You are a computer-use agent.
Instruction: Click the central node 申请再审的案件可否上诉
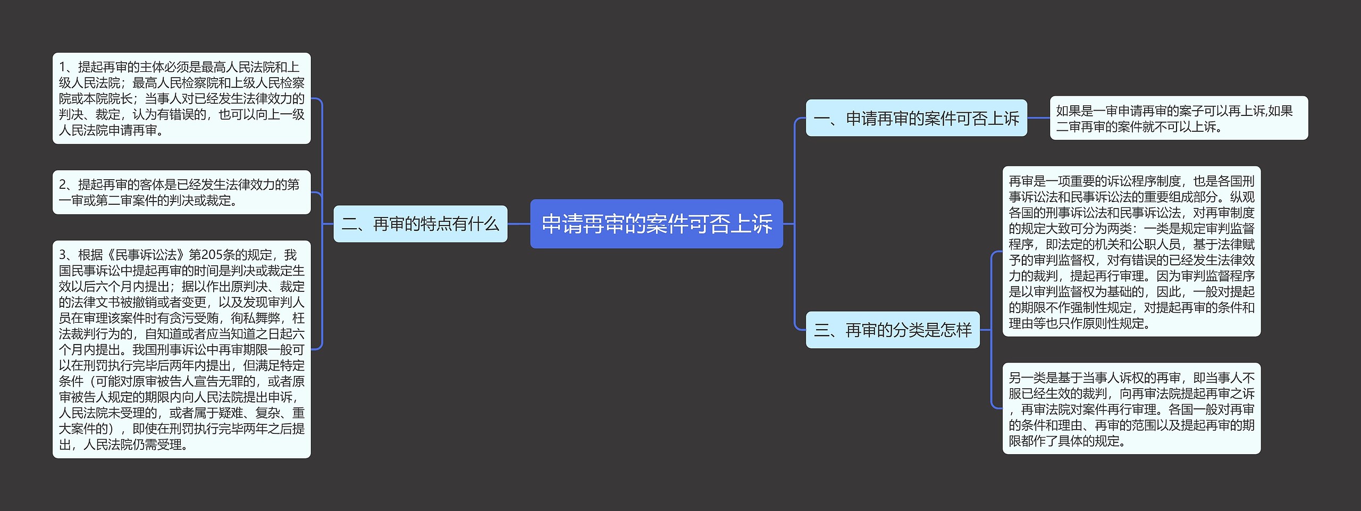tap(656, 224)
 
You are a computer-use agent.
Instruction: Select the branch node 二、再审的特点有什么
tap(420, 224)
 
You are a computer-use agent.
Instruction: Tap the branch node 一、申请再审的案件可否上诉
tap(916, 118)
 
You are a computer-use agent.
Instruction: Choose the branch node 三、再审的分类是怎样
tap(892, 330)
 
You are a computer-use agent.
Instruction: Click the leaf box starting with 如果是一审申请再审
tap(1178, 118)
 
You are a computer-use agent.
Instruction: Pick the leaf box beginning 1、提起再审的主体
tap(181, 98)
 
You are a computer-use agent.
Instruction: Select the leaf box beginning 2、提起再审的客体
tap(181, 192)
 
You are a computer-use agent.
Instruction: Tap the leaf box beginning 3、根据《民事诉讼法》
tap(181, 349)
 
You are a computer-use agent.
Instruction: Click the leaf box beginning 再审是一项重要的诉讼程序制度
tap(1131, 252)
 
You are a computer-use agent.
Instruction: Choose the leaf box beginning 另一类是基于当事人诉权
tap(1131, 408)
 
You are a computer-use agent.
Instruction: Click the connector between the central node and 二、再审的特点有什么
tap(519, 224)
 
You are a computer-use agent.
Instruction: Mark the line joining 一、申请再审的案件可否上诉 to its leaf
tap(1038, 118)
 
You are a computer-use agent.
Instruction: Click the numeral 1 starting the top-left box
tap(62, 67)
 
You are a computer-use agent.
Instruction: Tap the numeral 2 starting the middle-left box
tap(63, 185)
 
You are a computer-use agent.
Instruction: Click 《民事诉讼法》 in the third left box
tap(146, 255)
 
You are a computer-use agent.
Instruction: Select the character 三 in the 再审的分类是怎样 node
tap(822, 330)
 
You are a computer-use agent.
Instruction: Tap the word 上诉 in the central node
tap(751, 224)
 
